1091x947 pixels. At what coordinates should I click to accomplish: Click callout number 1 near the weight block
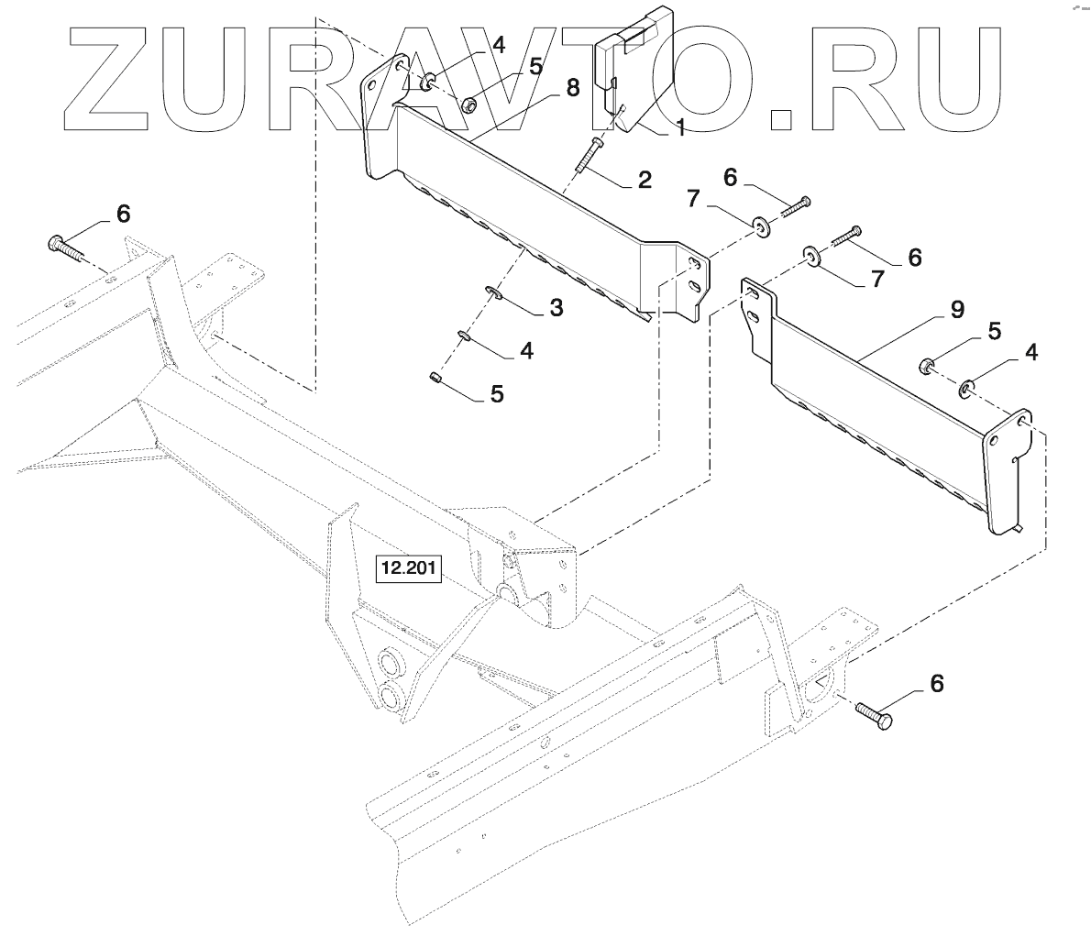click(680, 129)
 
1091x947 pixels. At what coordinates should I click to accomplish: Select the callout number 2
click(645, 180)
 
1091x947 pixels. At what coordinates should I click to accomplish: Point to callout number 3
click(556, 307)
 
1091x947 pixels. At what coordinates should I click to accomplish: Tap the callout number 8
click(572, 89)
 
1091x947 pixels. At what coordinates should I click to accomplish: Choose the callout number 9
click(956, 310)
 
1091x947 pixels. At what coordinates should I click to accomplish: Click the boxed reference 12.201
click(408, 571)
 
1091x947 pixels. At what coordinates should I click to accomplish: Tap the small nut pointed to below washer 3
click(437, 376)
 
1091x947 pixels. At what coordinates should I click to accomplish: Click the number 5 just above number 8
click(534, 66)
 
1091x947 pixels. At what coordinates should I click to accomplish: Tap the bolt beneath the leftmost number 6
click(62, 247)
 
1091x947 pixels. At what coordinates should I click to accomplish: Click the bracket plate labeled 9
click(880, 403)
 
